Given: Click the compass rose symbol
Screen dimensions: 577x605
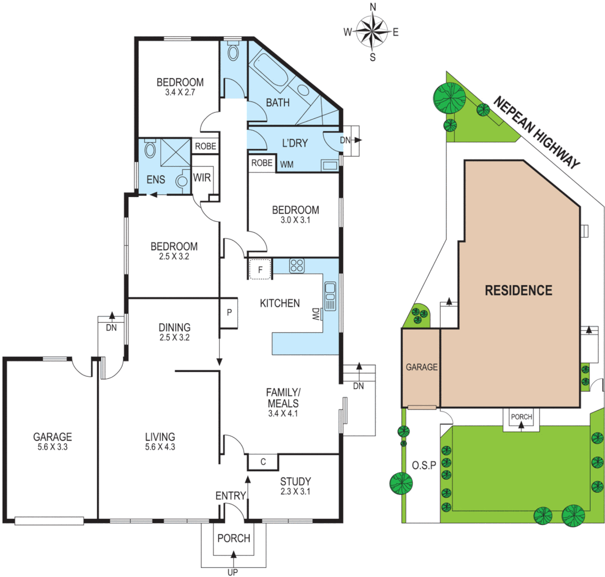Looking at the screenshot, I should pos(372,32).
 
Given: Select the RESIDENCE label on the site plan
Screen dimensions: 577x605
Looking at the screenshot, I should pos(518,291).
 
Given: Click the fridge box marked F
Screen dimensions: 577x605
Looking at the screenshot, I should pos(260,269).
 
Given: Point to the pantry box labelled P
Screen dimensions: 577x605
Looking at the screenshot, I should pos(229,313).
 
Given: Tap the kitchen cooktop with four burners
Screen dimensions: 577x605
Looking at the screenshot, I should pos(296,266).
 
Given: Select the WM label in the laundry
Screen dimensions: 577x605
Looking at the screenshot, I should pos(287,165).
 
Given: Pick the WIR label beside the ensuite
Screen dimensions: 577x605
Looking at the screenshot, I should pos(202,177).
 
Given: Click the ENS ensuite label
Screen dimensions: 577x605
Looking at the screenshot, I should pos(156,180).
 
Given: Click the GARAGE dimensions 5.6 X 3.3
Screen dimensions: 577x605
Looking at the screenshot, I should pos(52,447).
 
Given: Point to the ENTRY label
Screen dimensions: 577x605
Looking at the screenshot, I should pos(230,496).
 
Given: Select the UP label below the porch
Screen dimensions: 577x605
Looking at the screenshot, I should pos(233,572).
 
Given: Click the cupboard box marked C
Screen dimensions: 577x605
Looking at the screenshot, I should pos(263,461).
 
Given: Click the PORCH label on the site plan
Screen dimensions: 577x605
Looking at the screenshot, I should pos(521,417).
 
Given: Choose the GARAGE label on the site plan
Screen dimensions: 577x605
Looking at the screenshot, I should pos(421,367).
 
